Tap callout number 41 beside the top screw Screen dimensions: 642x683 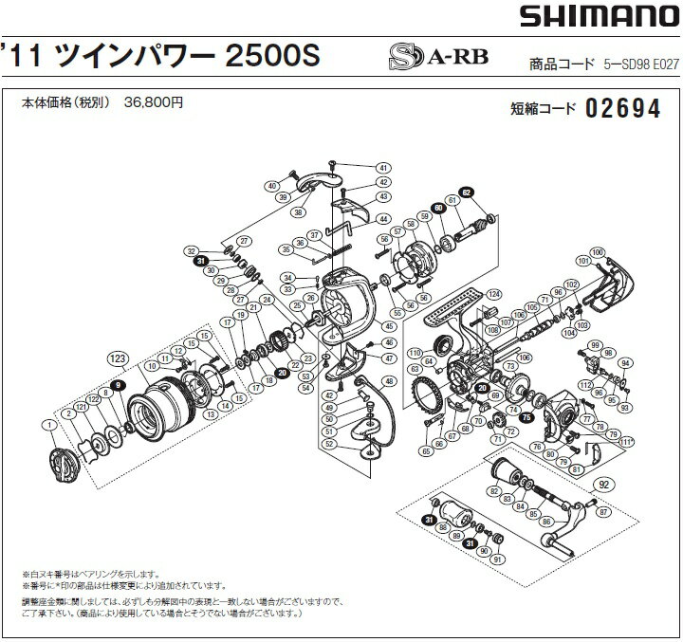click(x=384, y=167)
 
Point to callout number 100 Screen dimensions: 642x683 click(x=597, y=251)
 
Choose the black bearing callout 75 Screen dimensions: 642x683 click(x=526, y=414)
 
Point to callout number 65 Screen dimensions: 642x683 click(x=426, y=451)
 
